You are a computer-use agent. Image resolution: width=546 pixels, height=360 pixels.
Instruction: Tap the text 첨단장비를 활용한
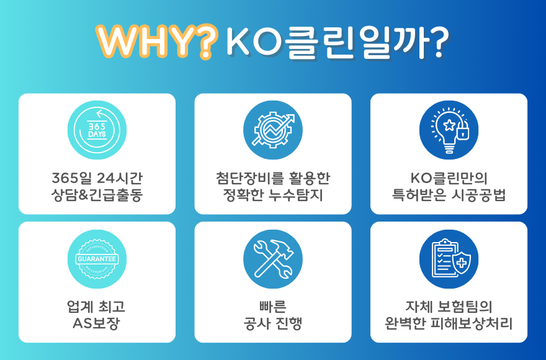272,178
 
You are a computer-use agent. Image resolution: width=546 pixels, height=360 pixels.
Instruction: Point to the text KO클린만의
449,178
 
